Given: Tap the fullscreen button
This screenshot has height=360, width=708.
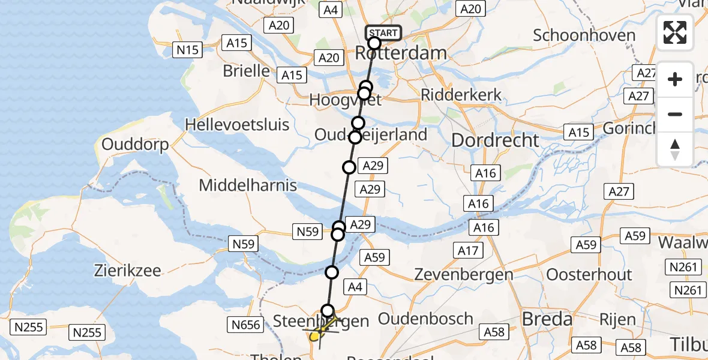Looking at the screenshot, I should [x=675, y=32].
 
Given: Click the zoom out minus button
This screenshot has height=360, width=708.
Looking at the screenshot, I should [x=675, y=114].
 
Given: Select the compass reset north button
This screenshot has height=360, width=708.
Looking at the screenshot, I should [x=675, y=149].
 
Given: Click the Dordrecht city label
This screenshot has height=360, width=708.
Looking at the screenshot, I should [x=495, y=140].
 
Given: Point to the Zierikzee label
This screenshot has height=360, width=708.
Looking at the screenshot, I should [x=127, y=271].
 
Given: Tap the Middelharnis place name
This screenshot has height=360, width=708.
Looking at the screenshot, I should [x=248, y=185].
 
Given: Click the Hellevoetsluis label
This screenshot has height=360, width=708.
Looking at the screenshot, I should [x=238, y=125].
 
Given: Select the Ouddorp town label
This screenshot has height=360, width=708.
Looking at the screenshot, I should [x=135, y=145].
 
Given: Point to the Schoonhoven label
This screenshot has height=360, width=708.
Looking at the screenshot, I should [x=584, y=35].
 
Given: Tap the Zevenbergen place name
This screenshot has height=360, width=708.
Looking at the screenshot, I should [x=464, y=275].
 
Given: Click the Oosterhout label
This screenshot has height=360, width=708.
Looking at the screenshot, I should [x=589, y=275].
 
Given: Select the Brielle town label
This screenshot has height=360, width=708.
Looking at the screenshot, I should [x=246, y=71].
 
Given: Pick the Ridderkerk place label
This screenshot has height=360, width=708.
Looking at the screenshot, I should [x=461, y=94].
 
